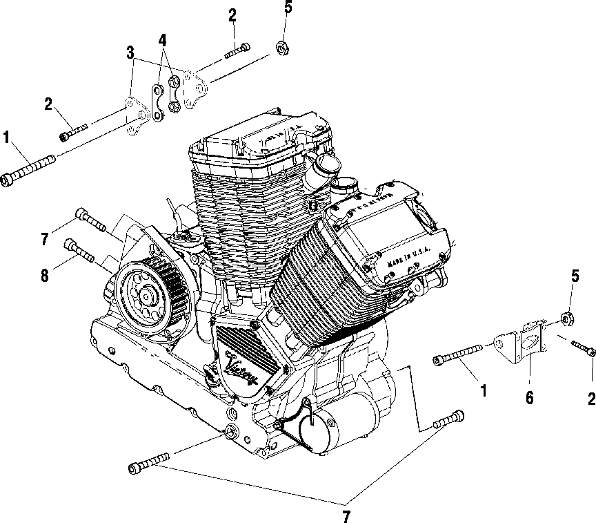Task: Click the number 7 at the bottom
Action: [346, 515]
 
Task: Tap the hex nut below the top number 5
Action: [281, 48]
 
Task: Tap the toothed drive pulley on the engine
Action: [147, 294]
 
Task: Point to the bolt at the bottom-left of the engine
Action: [148, 464]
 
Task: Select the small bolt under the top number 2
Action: [237, 49]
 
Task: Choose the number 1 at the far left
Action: [7, 137]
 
